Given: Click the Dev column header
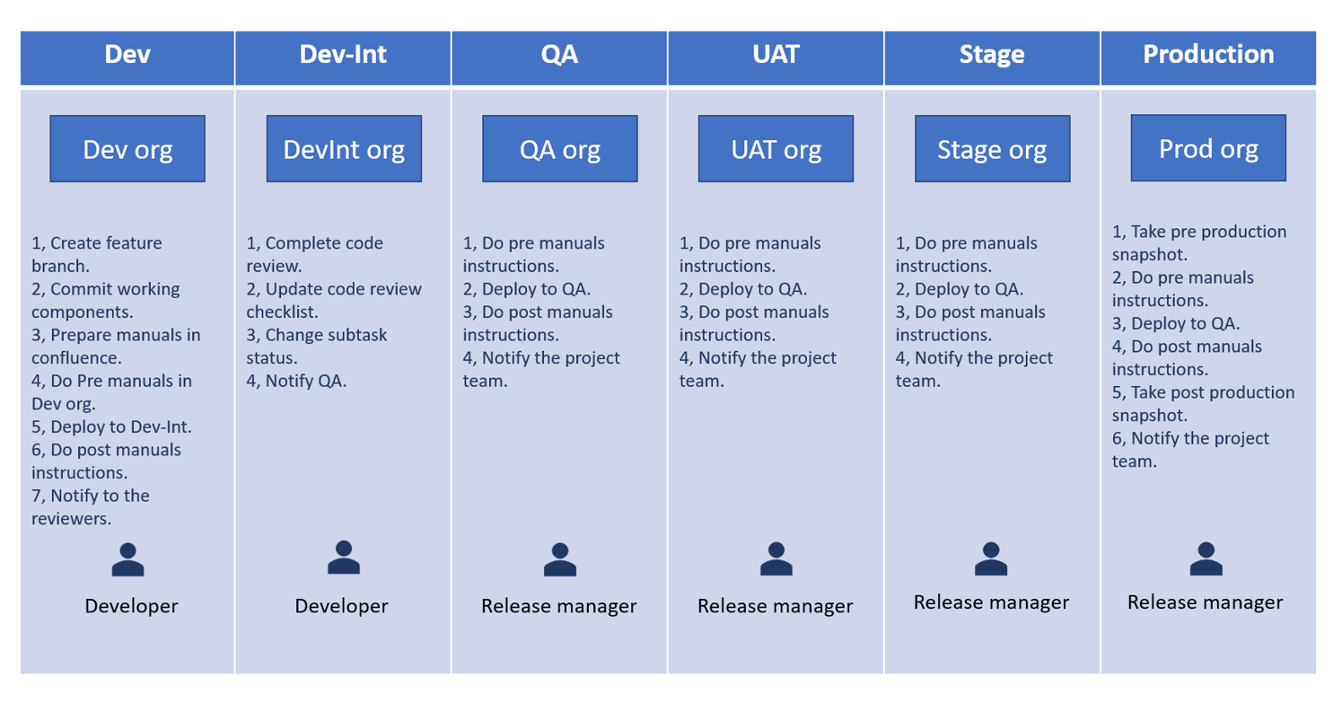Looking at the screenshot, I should click(127, 55).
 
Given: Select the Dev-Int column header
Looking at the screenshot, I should click(343, 55).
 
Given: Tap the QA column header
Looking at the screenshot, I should click(559, 55).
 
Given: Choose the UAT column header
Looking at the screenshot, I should click(776, 55).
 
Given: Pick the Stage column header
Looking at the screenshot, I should click(992, 55).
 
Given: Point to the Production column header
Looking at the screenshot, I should click(1208, 55).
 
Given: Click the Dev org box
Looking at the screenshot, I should click(127, 149).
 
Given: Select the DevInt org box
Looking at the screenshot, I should click(344, 149).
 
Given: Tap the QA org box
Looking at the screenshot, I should click(560, 149).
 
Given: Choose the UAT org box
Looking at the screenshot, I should click(776, 149).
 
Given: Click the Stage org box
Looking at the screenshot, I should click(992, 149).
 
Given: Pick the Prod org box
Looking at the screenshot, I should click(1208, 148).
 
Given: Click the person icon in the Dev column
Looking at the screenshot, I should click(127, 559).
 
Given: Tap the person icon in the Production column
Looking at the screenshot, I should click(1206, 558).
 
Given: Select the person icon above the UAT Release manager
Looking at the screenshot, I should click(776, 558).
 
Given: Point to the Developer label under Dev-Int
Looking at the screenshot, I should click(341, 606).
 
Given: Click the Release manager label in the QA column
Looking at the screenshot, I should click(558, 606).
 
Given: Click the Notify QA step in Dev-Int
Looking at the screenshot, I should click(305, 381).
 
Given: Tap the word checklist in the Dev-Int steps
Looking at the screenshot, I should click(282, 312).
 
